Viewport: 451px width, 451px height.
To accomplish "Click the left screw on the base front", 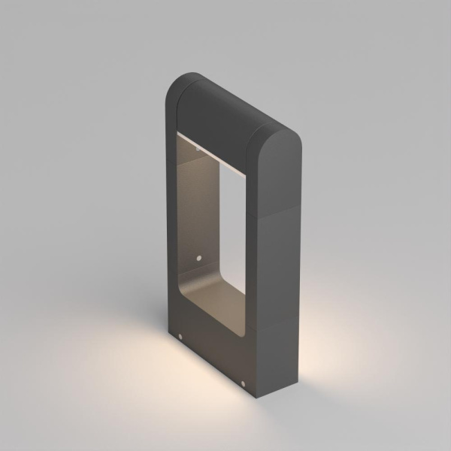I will [180, 334].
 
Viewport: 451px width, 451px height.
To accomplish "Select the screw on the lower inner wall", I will [199, 257].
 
